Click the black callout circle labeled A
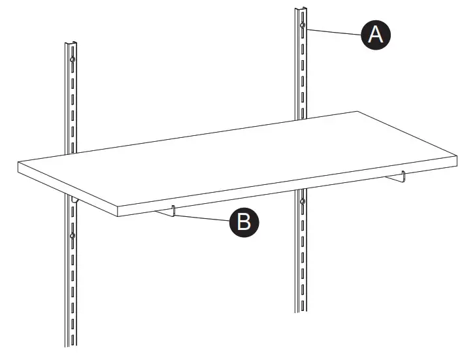[x=375, y=34]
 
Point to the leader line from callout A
[x=333, y=31]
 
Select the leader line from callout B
[x=203, y=217]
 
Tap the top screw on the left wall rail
[x=72, y=60]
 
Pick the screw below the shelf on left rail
[x=72, y=235]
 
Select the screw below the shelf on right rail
[x=302, y=201]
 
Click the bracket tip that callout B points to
[x=173, y=210]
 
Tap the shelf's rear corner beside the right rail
[x=356, y=112]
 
